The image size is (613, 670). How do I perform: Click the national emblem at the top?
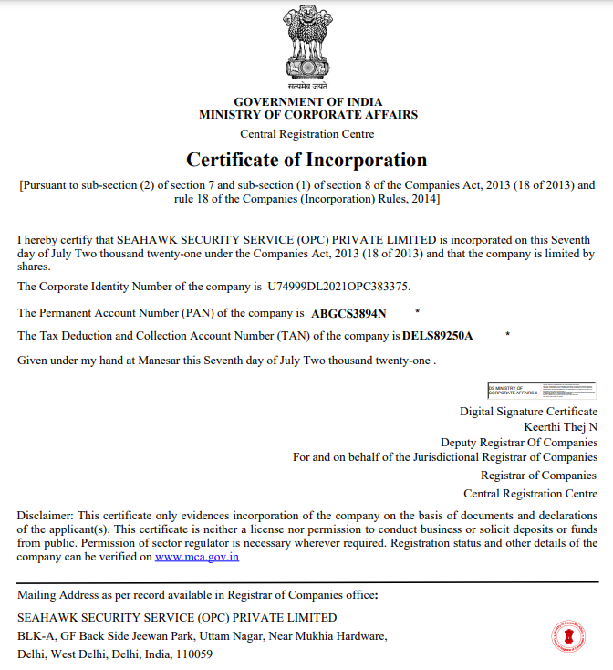pyautogui.click(x=307, y=47)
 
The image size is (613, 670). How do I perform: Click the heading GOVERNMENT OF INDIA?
pyautogui.click(x=307, y=101)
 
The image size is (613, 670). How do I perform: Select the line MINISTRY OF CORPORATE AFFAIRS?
pyautogui.click(x=307, y=115)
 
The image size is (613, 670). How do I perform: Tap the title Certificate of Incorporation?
pyautogui.click(x=306, y=160)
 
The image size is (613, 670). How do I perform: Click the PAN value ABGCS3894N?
pyautogui.click(x=348, y=313)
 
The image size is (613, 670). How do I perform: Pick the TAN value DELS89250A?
pyautogui.click(x=438, y=336)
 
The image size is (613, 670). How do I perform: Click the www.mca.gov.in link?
pyautogui.click(x=197, y=556)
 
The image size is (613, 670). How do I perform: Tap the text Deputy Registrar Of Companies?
pyautogui.click(x=519, y=442)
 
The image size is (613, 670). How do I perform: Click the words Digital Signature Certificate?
pyautogui.click(x=528, y=412)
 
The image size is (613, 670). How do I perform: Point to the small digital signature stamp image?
pyautogui.click(x=542, y=390)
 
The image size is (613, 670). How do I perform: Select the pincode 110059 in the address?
pyautogui.click(x=195, y=654)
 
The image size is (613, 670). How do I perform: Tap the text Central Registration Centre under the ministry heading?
pyautogui.click(x=306, y=134)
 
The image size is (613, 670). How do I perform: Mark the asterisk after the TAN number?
pyautogui.click(x=507, y=335)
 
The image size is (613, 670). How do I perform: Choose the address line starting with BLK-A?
pyautogui.click(x=203, y=636)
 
